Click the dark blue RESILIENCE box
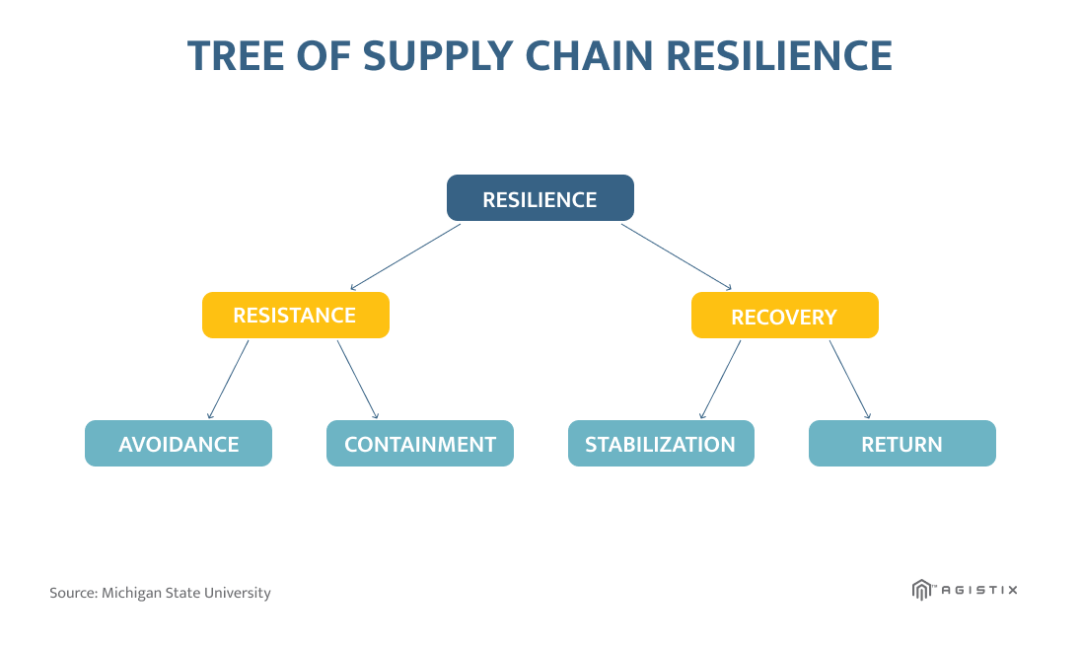pyautogui.click(x=540, y=198)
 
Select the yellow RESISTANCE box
pyautogui.click(x=296, y=315)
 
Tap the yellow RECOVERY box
pyautogui.click(x=784, y=315)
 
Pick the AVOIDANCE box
pyautogui.click(x=179, y=443)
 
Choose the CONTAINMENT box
pyautogui.click(x=420, y=443)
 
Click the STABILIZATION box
pyautogui.click(x=661, y=443)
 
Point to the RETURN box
pyautogui.click(x=902, y=443)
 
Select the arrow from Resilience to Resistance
pyautogui.click(x=405, y=256)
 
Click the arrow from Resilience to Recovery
pyautogui.click(x=677, y=256)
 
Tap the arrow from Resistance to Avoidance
pyautogui.click(x=228, y=379)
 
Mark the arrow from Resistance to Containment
pyautogui.click(x=358, y=379)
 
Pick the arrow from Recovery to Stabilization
pyautogui.click(x=720, y=379)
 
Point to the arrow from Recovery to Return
pyautogui.click(x=850, y=379)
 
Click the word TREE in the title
pyautogui.click(x=236, y=56)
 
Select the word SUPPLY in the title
pyautogui.click(x=438, y=56)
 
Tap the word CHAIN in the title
pyautogui.click(x=589, y=56)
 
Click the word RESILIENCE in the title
pyautogui.click(x=779, y=56)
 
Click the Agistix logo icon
pyautogui.click(x=921, y=590)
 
